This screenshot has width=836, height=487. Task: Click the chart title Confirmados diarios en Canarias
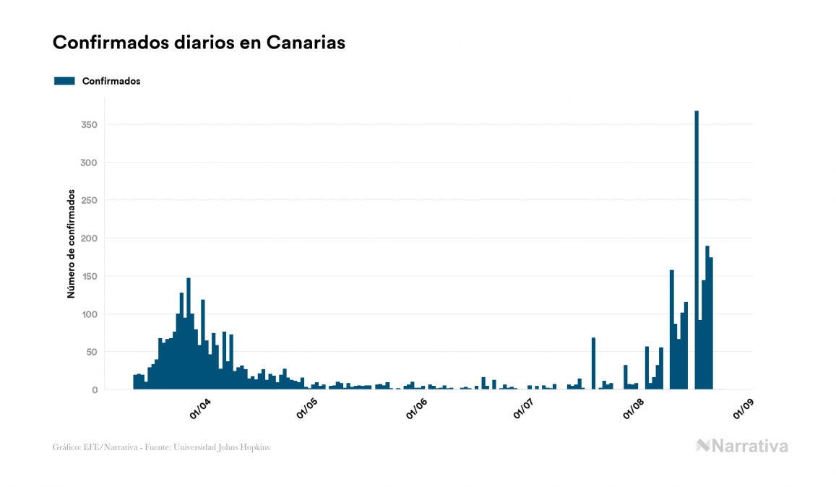199,43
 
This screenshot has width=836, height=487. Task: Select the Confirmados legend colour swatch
64,81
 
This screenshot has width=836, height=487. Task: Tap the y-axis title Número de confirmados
72,243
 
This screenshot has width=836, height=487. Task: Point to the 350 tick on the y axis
88,125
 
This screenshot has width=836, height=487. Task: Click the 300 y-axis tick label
88,163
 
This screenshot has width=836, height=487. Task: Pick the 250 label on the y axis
88,200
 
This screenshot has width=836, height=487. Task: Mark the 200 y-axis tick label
88,238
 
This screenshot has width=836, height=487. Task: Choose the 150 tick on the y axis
88,276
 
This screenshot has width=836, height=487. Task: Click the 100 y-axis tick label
88,314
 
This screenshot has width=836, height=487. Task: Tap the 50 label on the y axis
91,352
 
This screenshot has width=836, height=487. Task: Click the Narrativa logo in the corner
742,446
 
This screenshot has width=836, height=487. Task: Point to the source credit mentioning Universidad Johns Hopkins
161,447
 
